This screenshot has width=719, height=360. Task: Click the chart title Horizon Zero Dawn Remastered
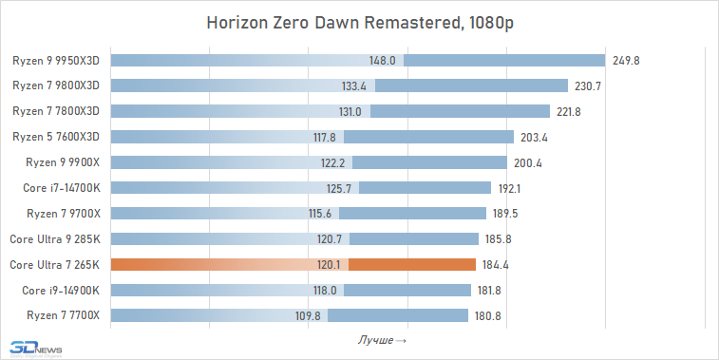tap(359, 24)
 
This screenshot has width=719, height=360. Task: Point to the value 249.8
tap(626, 61)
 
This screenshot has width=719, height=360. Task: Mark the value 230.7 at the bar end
tap(589, 86)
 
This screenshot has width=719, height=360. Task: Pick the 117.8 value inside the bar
tap(326, 137)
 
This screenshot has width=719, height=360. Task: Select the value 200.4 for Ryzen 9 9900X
tap(527, 162)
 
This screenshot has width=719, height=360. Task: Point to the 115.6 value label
tap(320, 214)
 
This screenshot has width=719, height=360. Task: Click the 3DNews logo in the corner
tap(34, 349)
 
